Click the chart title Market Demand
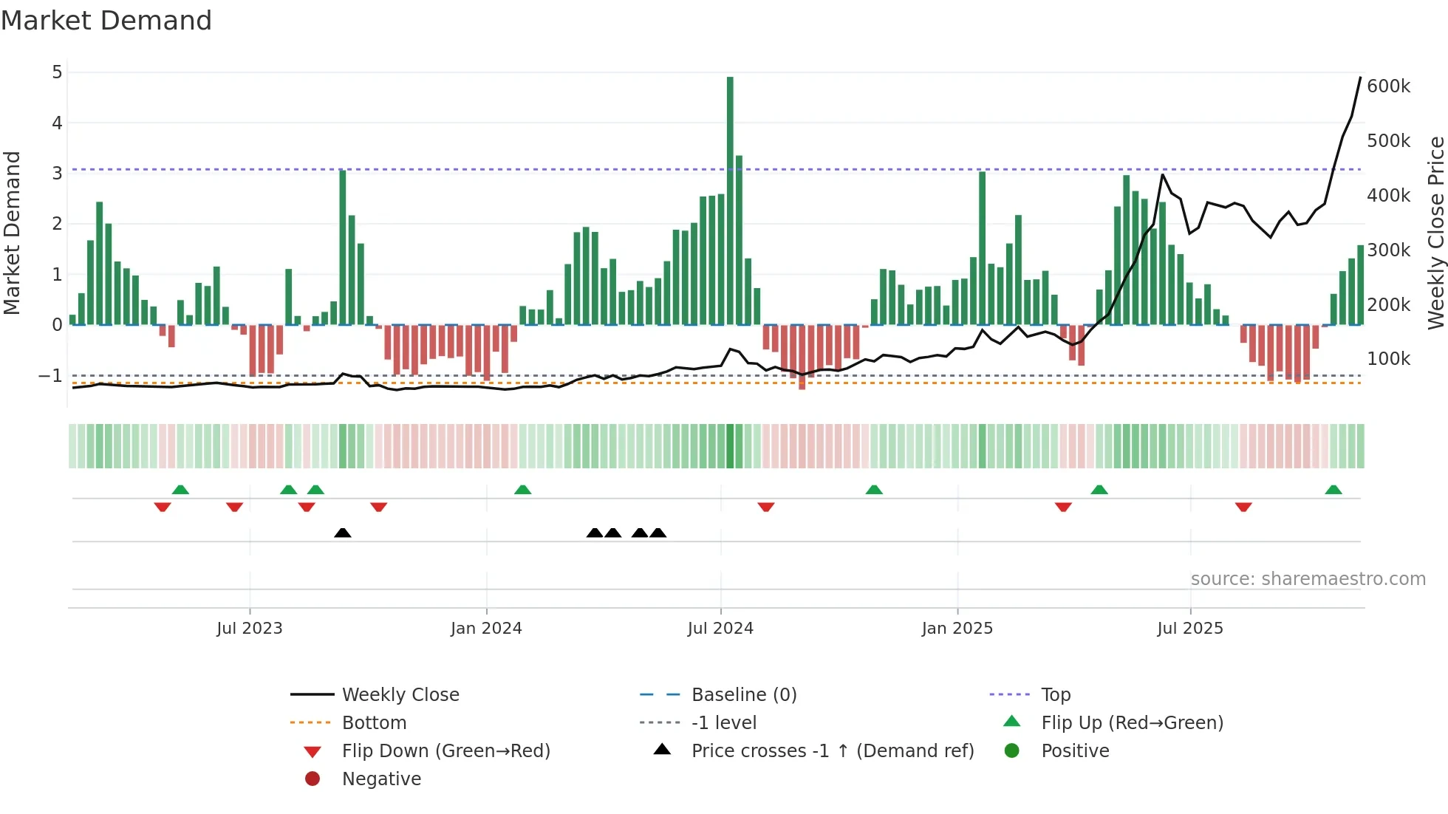tap(106, 21)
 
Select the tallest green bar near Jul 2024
tap(730, 199)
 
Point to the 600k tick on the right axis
tap(1388, 86)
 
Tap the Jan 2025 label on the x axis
tap(957, 629)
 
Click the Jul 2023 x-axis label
tap(250, 629)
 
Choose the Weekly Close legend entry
tap(400, 695)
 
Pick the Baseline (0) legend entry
tap(743, 695)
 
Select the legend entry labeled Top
tap(1055, 695)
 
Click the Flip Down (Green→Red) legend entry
tap(445, 751)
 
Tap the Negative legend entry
tap(381, 779)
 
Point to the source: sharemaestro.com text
tap(1308, 579)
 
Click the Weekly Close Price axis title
tap(1435, 233)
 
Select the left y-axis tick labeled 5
tap(57, 72)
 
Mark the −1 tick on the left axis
tap(50, 376)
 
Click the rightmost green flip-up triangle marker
tap(1333, 490)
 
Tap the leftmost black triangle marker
tap(342, 533)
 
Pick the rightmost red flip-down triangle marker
tap(1243, 507)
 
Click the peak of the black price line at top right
tap(1360, 78)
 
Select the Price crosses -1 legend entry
tap(832, 751)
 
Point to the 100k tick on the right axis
tap(1388, 359)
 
